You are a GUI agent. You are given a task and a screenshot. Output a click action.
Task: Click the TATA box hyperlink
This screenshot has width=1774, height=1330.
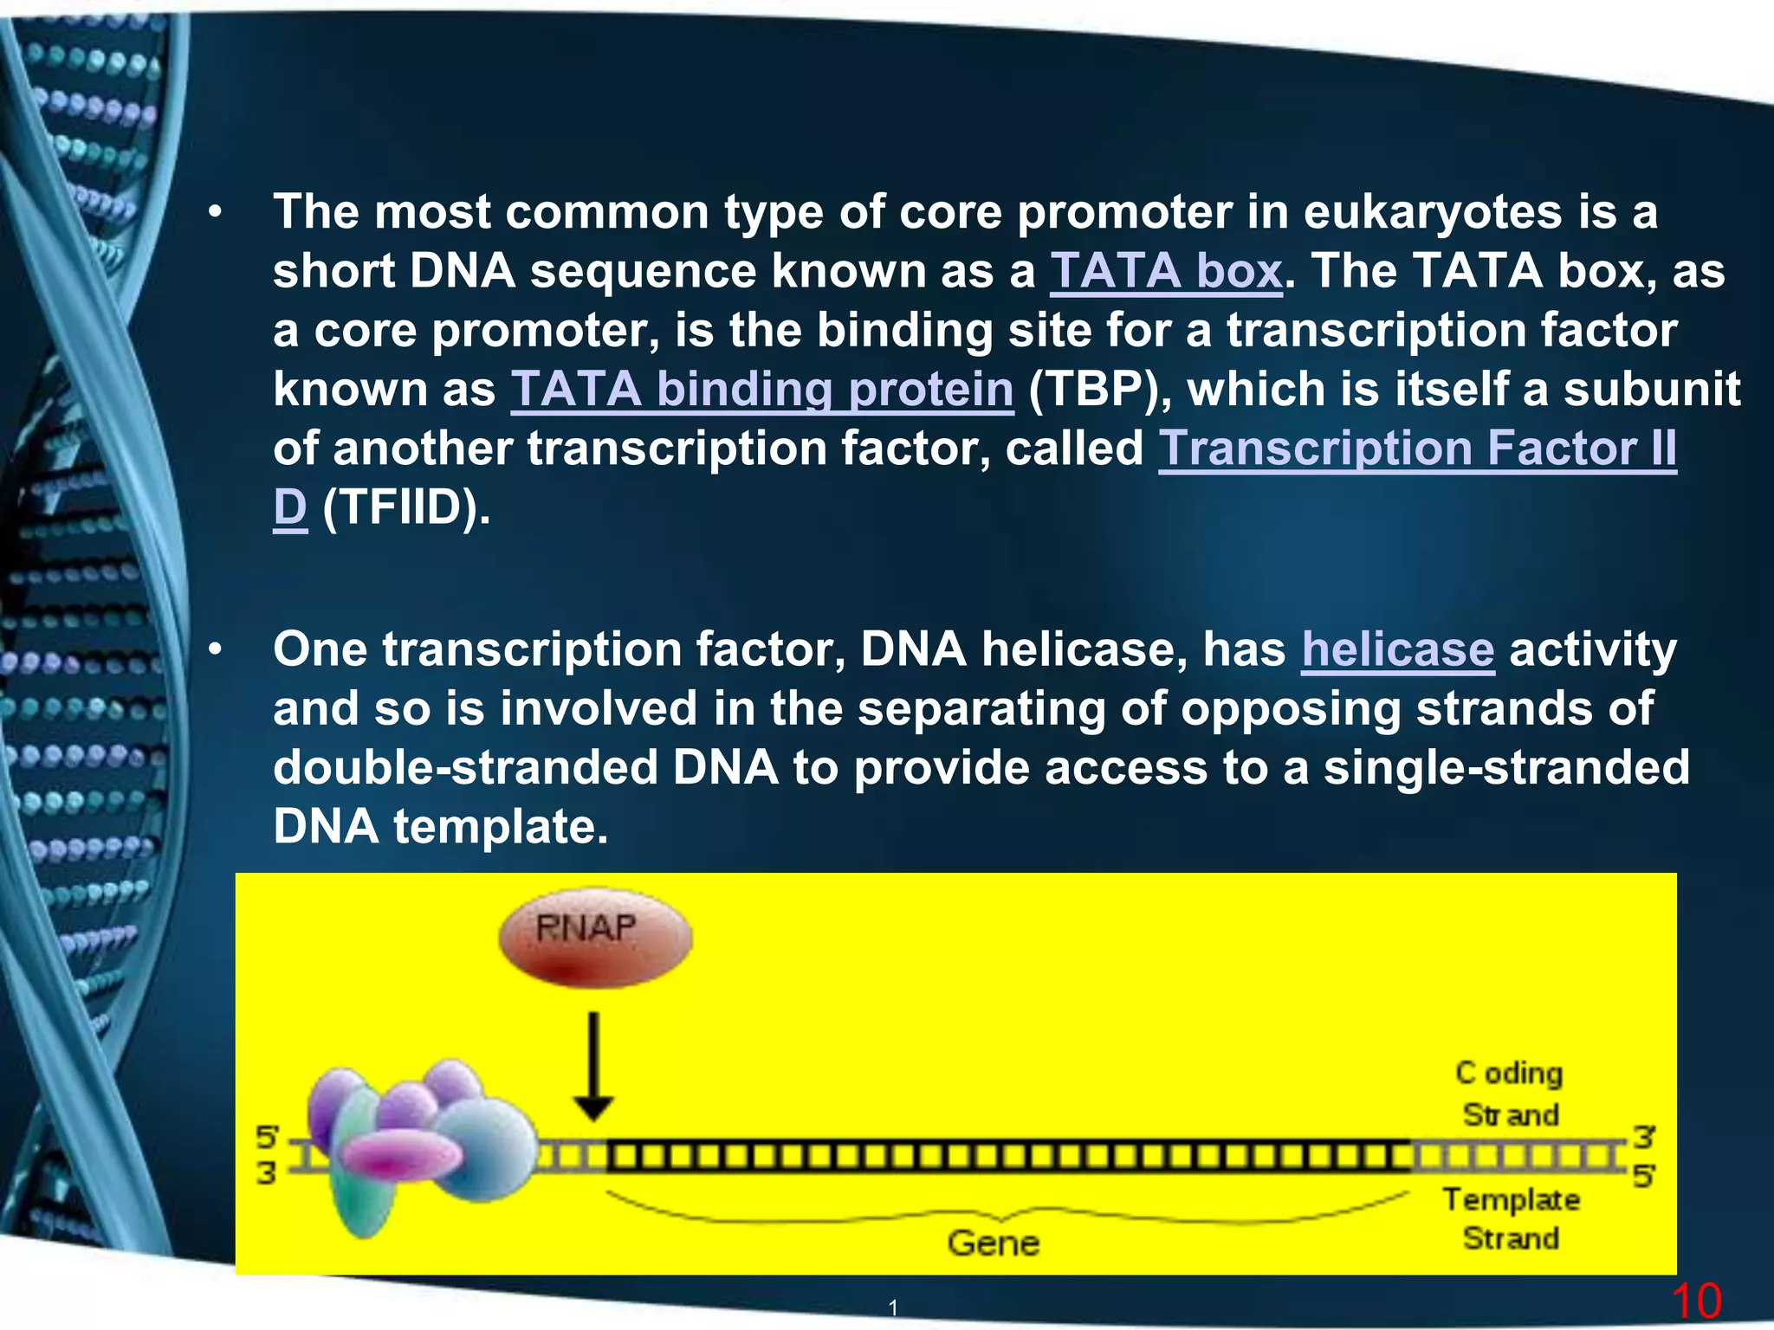pyautogui.click(x=1165, y=271)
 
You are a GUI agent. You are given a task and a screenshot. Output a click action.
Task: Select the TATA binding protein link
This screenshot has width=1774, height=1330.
pyautogui.click(x=761, y=389)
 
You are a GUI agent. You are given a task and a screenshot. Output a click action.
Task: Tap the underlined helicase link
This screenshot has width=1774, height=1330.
pyautogui.click(x=1397, y=649)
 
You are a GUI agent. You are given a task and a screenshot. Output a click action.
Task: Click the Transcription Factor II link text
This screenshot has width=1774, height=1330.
pyautogui.click(x=1417, y=449)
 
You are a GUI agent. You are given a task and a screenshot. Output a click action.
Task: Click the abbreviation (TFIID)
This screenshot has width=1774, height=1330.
pyautogui.click(x=405, y=507)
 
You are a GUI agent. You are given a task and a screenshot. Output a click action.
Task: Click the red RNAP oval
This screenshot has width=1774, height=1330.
pyautogui.click(x=595, y=938)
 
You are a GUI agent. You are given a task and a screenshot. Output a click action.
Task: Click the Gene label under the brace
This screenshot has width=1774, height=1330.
pyautogui.click(x=993, y=1243)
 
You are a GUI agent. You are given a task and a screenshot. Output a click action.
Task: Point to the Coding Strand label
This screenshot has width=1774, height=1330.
pyautogui.click(x=1510, y=1094)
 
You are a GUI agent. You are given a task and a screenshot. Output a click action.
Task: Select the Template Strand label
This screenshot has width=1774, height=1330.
pyautogui.click(x=1511, y=1219)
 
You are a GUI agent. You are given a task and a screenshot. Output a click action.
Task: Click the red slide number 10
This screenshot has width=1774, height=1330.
pyautogui.click(x=1695, y=1301)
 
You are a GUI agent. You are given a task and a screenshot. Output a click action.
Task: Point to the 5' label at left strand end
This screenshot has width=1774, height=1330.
pyautogui.click(x=267, y=1137)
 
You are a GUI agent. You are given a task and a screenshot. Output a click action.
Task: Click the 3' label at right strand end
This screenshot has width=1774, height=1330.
pyautogui.click(x=1642, y=1136)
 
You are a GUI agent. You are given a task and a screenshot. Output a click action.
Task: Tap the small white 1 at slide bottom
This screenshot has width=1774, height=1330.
pyautogui.click(x=893, y=1307)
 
